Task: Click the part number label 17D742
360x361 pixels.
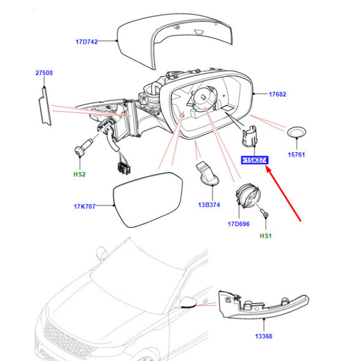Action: coord(86,41)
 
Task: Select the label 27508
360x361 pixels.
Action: coord(44,73)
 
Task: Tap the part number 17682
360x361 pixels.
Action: coord(278,94)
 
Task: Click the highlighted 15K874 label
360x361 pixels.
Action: coord(255,160)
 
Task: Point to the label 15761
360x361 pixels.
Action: coord(296,155)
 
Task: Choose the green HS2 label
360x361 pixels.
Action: coord(79,175)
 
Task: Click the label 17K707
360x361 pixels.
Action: coord(85,206)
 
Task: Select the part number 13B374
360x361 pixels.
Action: coord(209,204)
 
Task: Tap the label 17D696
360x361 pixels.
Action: coord(239,224)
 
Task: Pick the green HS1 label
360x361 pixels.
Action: coord(266,236)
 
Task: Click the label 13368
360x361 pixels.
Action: coord(264,336)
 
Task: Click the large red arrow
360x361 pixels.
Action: coord(283,194)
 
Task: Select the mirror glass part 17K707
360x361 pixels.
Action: coord(148,200)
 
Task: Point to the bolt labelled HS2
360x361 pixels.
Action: coord(83,147)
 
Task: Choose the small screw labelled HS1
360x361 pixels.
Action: coord(264,213)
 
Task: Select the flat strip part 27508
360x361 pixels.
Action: coord(45,106)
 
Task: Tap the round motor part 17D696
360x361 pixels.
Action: coord(247,195)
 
